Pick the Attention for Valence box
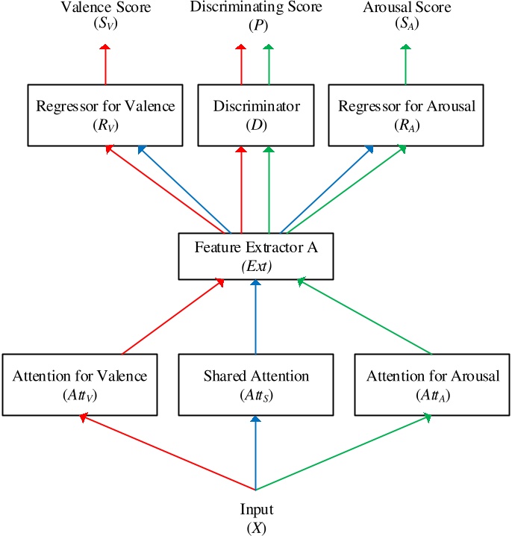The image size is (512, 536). tap(80, 384)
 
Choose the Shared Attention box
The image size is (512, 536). tap(256, 384)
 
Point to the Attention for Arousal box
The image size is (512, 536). tap(433, 384)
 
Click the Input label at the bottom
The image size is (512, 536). tap(256, 510)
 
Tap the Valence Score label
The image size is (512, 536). tap(105, 8)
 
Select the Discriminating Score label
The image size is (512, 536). tap(256, 8)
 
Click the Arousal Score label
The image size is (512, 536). tap(407, 8)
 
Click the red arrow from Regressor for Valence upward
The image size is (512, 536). tap(105, 63)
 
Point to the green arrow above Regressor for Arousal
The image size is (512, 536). tap(407, 63)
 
